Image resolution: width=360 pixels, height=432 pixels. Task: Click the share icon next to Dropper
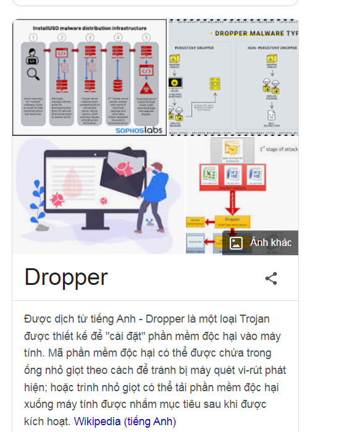coord(270,278)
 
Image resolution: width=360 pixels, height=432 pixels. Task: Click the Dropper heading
coord(66,277)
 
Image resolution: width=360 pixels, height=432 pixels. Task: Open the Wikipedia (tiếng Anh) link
coord(125,421)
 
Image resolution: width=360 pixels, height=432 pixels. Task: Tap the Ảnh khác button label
coord(270,242)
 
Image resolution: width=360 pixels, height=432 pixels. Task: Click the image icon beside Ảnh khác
coord(236,243)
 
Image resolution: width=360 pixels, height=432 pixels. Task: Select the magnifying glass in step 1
coord(32,75)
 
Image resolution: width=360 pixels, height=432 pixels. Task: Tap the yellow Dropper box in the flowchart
coord(232,220)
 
